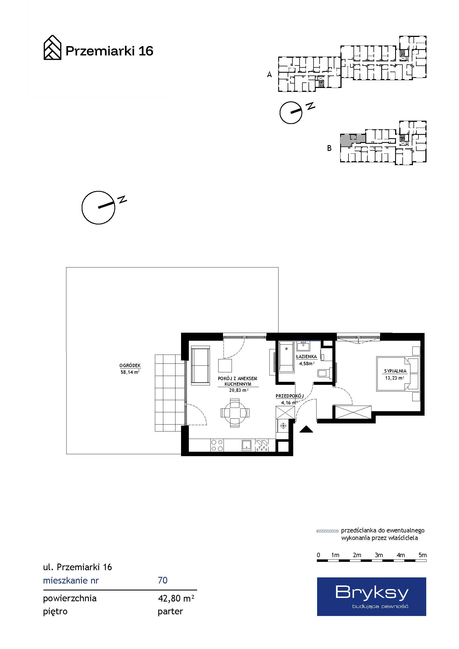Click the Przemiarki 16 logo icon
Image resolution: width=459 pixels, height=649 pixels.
tap(52, 47)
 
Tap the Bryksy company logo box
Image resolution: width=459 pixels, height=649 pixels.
tap(371, 597)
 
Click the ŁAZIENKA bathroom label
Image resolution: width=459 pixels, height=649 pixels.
tap(306, 357)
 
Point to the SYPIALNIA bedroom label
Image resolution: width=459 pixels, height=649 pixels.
tap(395, 371)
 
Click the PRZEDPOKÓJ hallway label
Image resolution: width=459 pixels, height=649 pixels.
tap(290, 396)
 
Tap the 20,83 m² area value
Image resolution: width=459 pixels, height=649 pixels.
tap(239, 390)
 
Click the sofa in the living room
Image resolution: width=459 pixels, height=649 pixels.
tap(200, 365)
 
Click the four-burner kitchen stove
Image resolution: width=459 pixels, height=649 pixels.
tap(217, 445)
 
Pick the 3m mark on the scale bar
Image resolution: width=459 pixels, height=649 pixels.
tap(379, 555)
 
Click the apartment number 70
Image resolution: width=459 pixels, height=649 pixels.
tap(163, 580)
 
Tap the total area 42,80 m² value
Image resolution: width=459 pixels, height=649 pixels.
tap(176, 599)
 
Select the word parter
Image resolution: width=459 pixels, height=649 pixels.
tap(170, 612)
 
